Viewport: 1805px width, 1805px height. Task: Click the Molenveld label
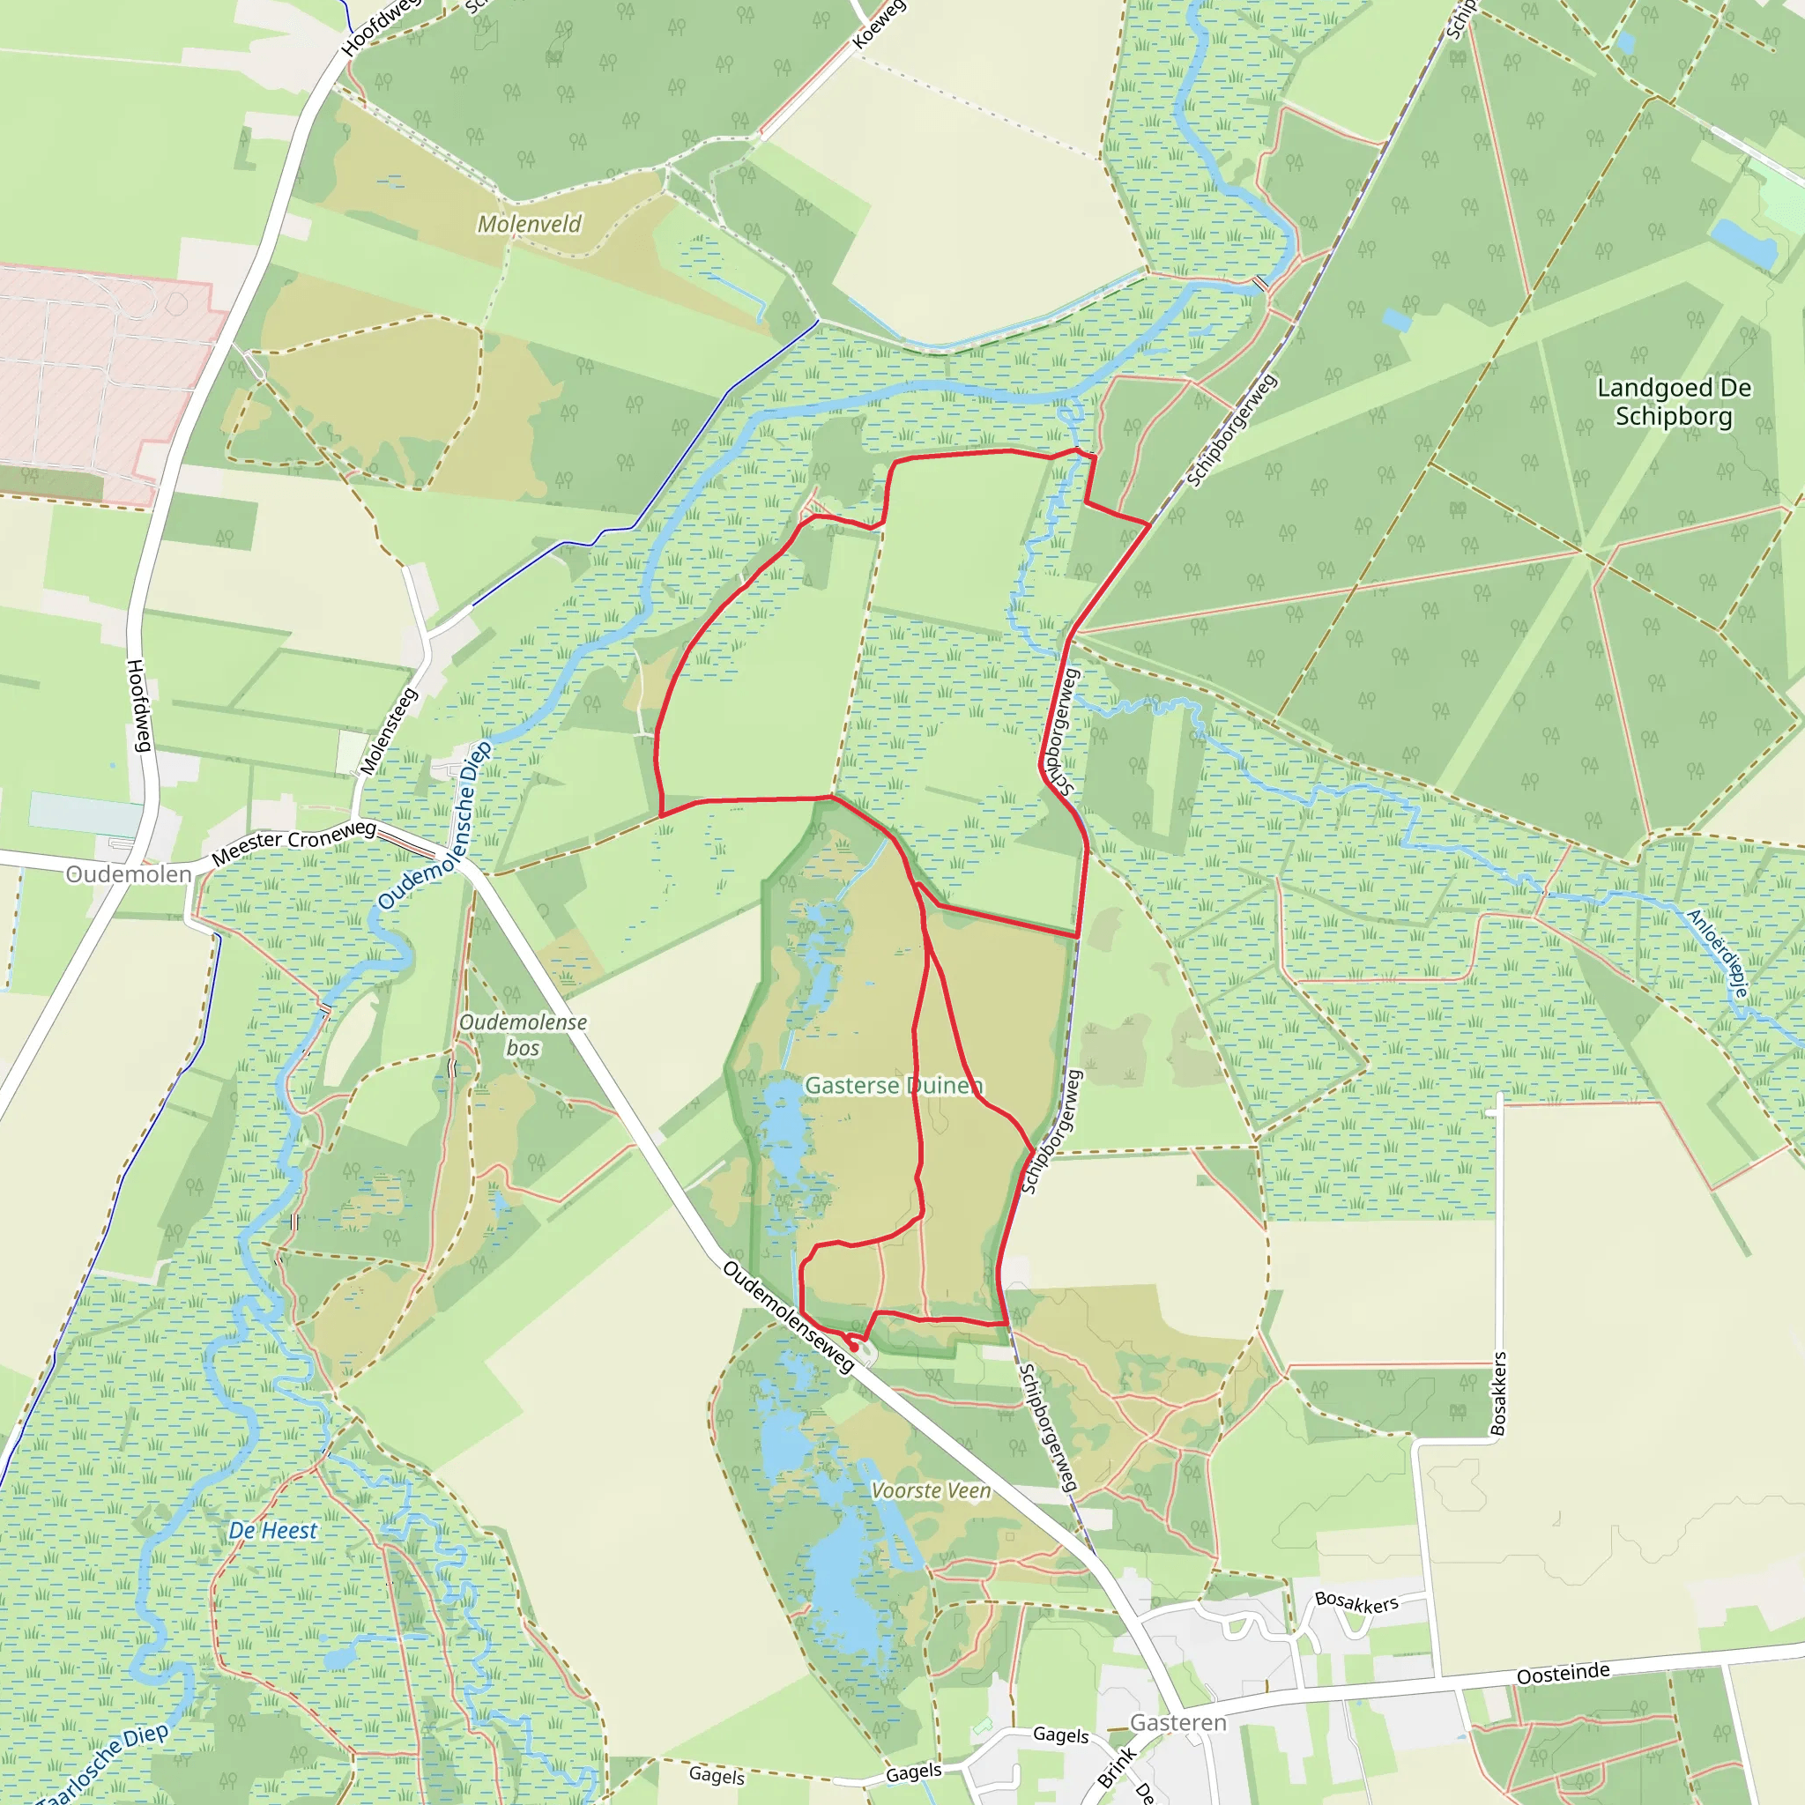[529, 224]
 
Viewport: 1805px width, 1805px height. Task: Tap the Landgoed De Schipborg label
[1674, 402]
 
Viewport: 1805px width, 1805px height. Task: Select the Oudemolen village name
[129, 874]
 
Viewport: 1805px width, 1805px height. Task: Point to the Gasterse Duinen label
[893, 1086]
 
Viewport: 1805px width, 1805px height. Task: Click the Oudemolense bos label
[524, 1036]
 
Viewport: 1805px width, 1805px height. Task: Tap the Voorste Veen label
[931, 1491]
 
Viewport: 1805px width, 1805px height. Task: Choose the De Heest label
[273, 1530]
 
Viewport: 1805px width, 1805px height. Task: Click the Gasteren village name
[1177, 1723]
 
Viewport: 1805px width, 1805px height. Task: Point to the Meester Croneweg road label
[293, 841]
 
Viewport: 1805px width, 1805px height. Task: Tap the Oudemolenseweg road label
[789, 1318]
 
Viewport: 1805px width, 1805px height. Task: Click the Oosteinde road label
[1563, 1674]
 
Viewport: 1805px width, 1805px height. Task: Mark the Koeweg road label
[878, 25]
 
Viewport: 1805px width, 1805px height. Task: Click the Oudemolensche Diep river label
[435, 826]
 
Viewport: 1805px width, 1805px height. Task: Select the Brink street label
[1117, 1767]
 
